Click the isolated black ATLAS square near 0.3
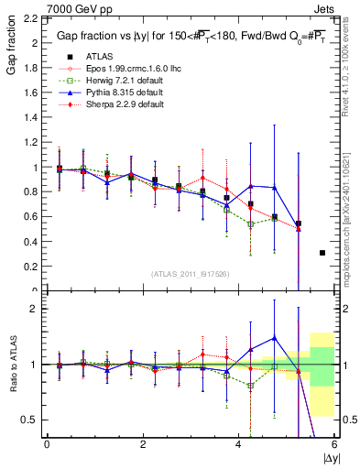(x=322, y=253)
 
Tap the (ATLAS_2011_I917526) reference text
(x=189, y=274)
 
